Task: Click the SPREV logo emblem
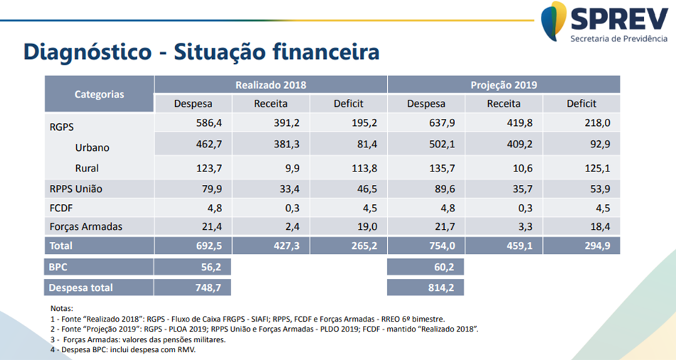(x=554, y=21)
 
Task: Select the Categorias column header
(x=99, y=94)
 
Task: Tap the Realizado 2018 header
(x=271, y=85)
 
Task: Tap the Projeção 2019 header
(x=504, y=85)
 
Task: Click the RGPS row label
(x=62, y=127)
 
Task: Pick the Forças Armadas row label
(x=85, y=226)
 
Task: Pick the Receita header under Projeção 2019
(x=504, y=104)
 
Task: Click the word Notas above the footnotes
(x=62, y=308)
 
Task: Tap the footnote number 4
(x=53, y=350)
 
